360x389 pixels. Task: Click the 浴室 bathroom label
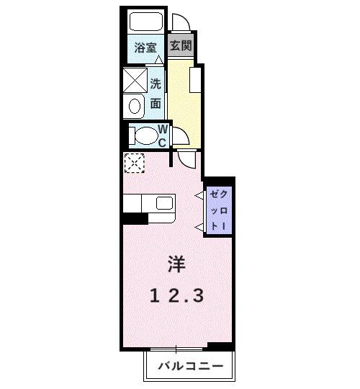click(146, 48)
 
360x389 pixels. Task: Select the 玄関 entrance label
click(180, 45)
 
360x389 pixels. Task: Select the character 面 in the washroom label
click(156, 104)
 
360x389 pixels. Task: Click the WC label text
click(163, 135)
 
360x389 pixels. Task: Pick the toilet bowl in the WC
click(145, 135)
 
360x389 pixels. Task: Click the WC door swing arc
click(183, 136)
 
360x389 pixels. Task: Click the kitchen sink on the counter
click(164, 202)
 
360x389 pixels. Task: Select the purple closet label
click(217, 209)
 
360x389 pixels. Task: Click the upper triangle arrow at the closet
click(199, 194)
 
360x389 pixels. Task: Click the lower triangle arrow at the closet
click(199, 228)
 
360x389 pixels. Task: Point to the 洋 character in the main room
click(176, 264)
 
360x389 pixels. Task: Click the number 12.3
click(177, 295)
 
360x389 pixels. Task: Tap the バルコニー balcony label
click(191, 367)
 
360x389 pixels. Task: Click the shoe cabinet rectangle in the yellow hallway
click(194, 79)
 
